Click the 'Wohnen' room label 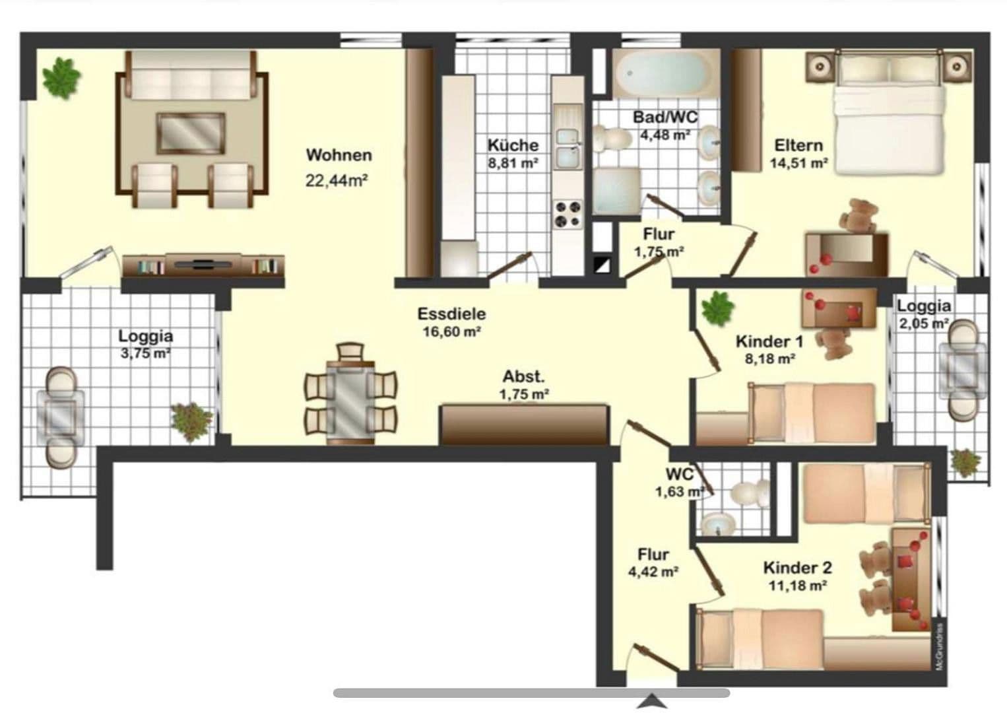click(x=339, y=155)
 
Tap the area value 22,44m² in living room click(x=336, y=180)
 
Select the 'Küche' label click(x=513, y=145)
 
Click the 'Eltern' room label click(x=798, y=145)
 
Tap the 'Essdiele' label click(x=451, y=314)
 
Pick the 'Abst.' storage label click(x=524, y=377)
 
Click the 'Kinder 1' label click(x=769, y=341)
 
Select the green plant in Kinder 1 click(x=717, y=308)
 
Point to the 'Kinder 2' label click(x=797, y=568)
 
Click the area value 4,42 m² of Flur click(x=653, y=572)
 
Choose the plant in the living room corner click(x=61, y=77)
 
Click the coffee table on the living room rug click(x=191, y=132)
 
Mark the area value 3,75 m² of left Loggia click(x=145, y=353)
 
